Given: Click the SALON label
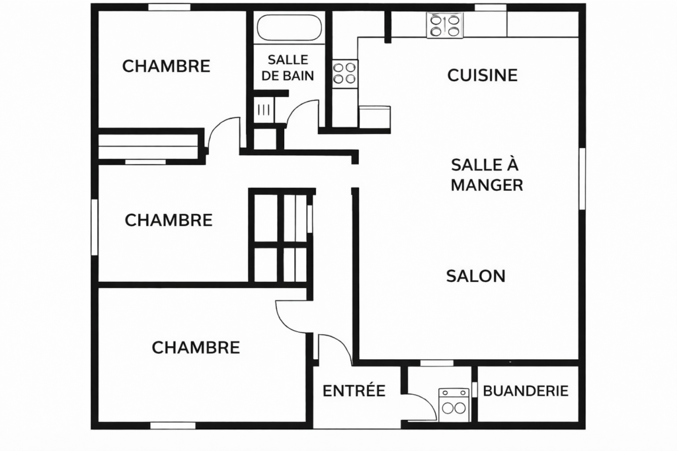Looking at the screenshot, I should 475,276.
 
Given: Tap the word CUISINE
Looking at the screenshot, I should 482,75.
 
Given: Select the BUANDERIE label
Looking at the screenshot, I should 526,391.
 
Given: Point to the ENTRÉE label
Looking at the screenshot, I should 354,391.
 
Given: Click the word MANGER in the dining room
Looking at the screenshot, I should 487,186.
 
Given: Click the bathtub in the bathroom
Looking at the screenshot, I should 290,28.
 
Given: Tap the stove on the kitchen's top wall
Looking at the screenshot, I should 444,26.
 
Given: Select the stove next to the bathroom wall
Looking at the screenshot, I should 344,73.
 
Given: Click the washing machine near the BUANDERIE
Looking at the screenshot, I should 454,404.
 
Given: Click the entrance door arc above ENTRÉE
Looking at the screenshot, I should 334,347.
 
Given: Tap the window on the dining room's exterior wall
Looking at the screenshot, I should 582,178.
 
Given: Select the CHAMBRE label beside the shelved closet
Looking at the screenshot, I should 169,220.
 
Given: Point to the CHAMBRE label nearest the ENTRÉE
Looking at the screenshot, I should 196,347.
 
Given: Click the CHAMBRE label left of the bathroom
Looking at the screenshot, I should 166,66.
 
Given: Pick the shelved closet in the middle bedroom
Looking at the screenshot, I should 279,236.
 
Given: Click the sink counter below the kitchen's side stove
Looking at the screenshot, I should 374,116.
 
